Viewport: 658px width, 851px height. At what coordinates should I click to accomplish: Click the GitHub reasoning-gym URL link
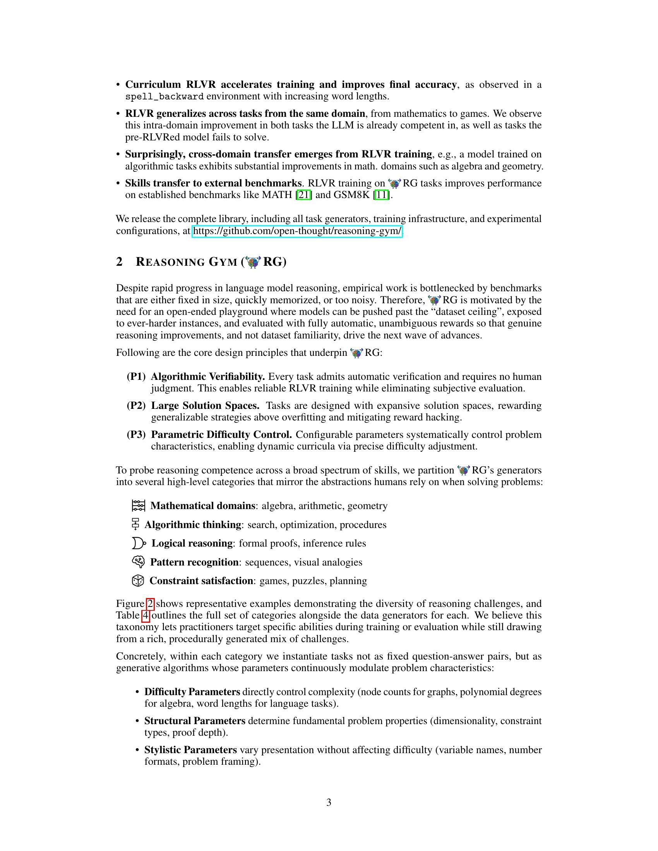tap(297, 231)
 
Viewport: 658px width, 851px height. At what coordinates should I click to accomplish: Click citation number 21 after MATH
tap(304, 195)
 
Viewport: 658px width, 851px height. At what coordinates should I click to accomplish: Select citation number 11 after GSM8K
tap(382, 195)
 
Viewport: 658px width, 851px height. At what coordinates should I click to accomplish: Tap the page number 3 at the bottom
tap(329, 802)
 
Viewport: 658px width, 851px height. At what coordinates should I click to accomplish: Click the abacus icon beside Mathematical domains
tap(139, 506)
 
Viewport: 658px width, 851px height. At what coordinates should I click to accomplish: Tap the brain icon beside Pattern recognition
tap(139, 562)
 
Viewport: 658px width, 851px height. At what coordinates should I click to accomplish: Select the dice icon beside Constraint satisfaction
tap(138, 581)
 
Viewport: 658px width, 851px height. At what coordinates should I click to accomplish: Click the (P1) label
tap(136, 377)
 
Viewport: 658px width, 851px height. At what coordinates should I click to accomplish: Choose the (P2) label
tap(136, 406)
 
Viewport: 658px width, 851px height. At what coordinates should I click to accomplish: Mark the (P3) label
tap(136, 434)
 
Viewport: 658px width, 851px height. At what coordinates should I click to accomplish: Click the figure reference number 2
tap(150, 604)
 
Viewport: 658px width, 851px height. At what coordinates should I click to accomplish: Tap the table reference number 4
tap(146, 616)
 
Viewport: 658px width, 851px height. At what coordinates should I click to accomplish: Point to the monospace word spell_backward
tap(164, 97)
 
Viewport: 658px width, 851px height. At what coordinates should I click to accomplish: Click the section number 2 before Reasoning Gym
tap(119, 262)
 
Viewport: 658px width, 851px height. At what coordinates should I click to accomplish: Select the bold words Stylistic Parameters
tap(190, 750)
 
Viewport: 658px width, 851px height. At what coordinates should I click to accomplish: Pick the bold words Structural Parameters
tap(195, 721)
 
